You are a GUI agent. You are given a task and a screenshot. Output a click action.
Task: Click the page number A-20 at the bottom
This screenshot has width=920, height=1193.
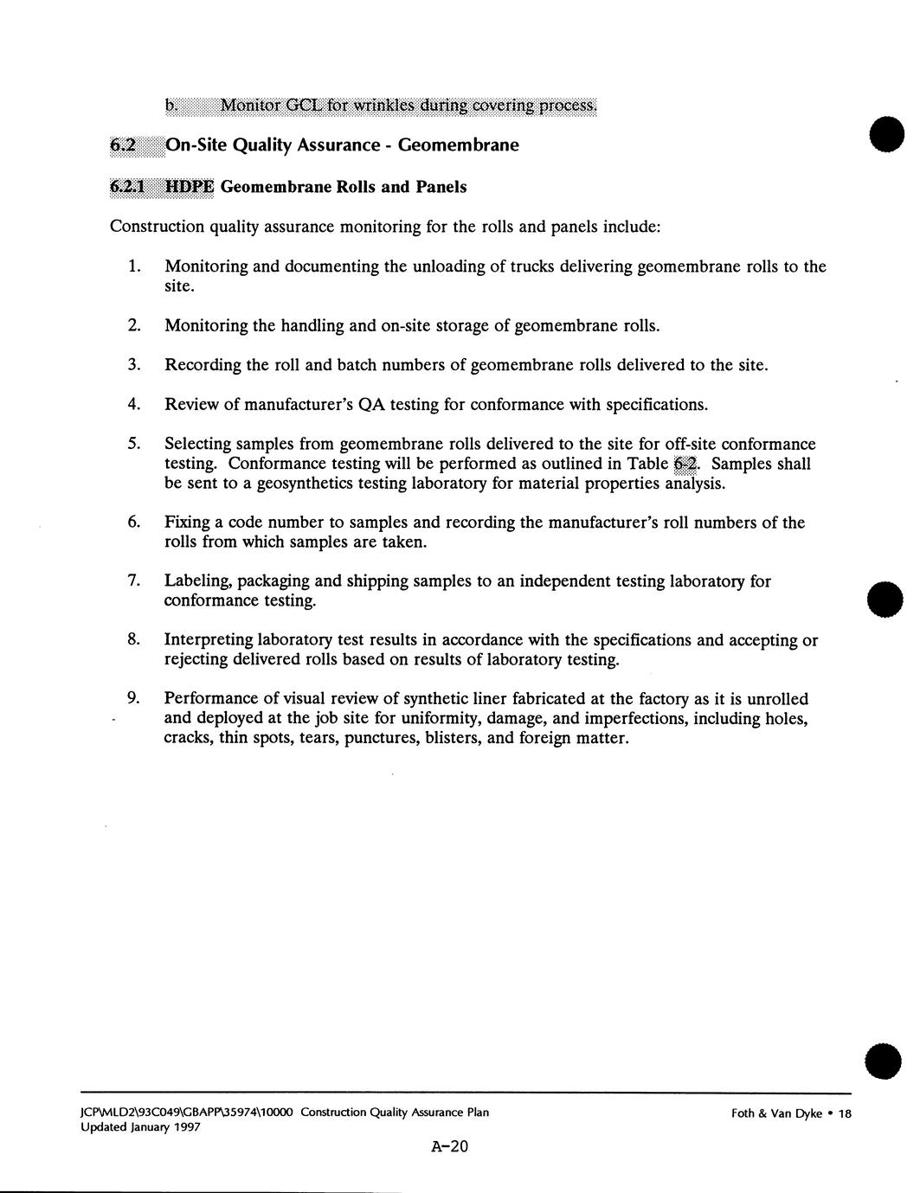point(448,1147)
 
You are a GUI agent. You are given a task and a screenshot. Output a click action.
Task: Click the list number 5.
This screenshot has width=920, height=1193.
point(134,444)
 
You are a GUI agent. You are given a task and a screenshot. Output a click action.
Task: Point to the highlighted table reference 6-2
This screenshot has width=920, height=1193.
point(685,464)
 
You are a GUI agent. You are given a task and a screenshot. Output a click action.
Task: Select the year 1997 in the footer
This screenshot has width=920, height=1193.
point(186,1127)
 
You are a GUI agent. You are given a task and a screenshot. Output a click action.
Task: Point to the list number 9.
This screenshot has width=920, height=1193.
point(134,698)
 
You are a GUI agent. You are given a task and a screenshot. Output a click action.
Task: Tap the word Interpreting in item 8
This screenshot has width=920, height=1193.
point(209,640)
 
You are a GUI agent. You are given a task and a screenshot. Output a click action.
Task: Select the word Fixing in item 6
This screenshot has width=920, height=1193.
point(185,523)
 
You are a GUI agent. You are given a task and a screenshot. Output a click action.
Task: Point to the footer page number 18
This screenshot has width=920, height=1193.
point(845,1113)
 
